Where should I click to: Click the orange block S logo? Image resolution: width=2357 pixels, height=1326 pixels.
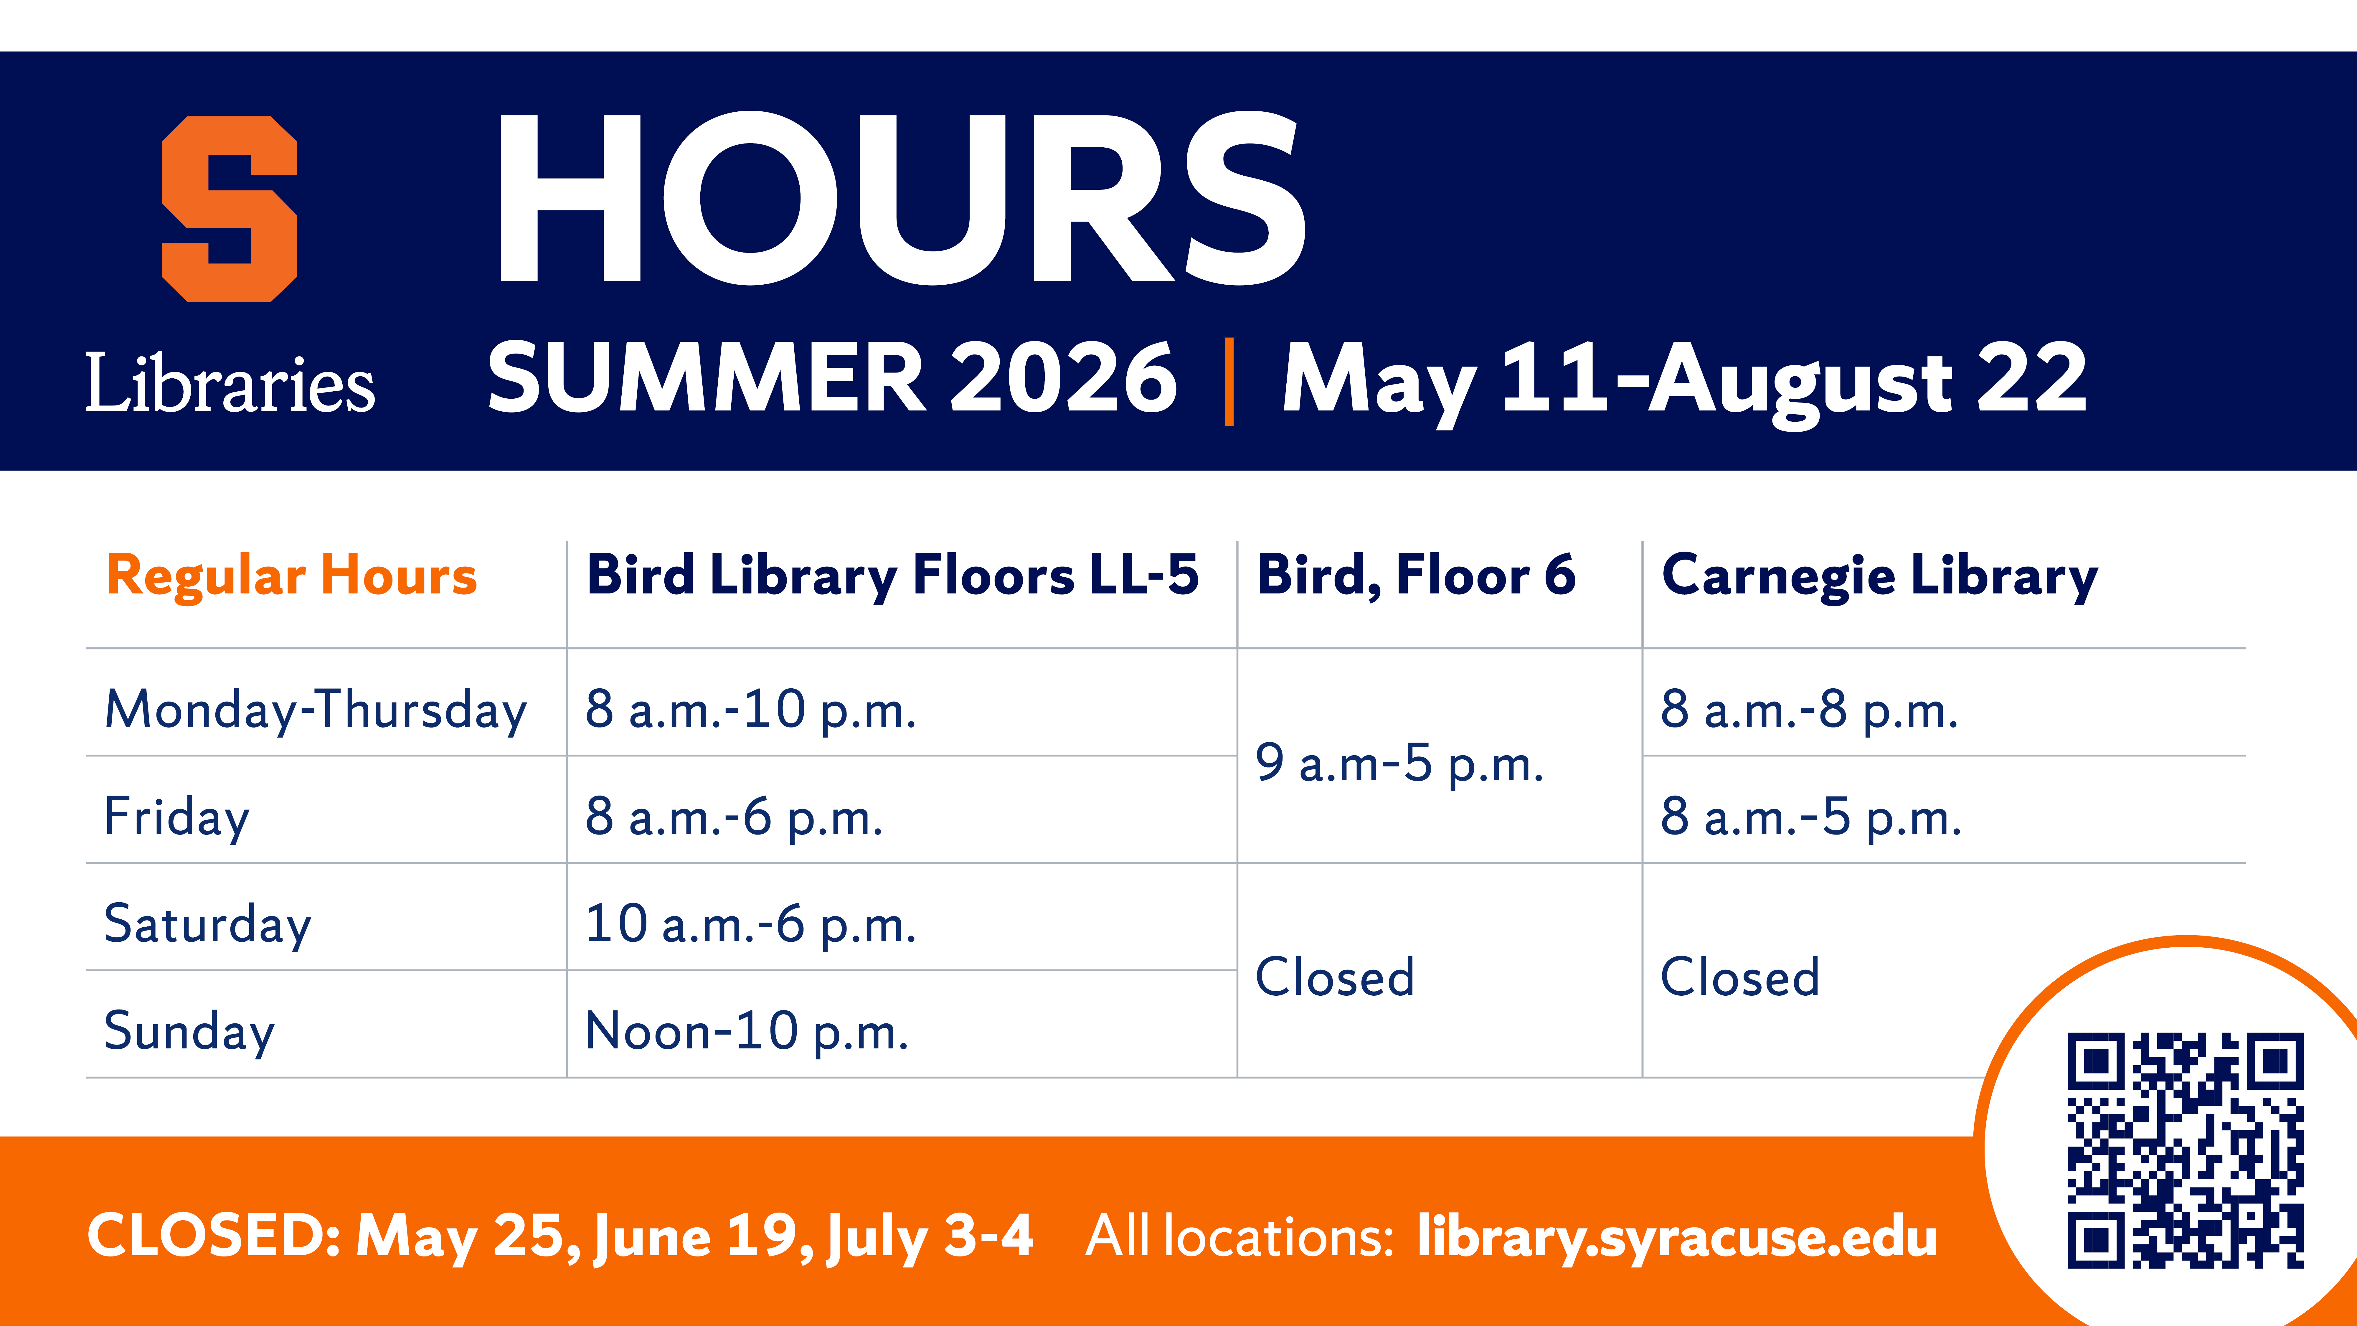230,209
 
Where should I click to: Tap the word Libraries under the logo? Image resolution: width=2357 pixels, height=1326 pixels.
231,382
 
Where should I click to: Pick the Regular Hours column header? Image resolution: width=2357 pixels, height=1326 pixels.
292,577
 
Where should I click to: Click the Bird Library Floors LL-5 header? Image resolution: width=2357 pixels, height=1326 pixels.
892,577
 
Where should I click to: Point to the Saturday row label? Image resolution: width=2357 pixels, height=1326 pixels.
208,924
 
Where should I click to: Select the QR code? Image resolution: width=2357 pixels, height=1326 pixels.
2186,1150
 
